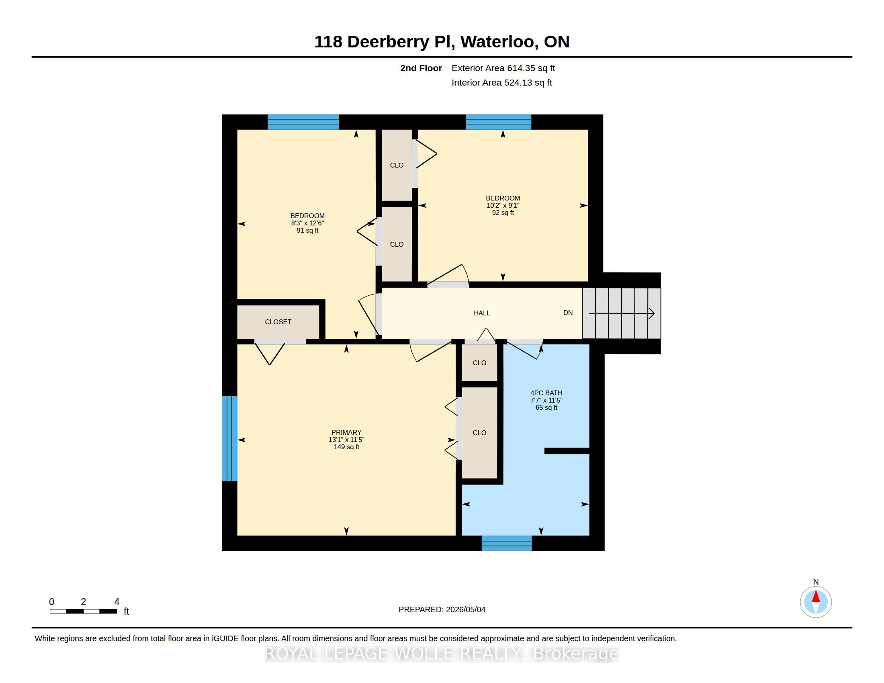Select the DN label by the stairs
568,313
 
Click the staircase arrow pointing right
622,313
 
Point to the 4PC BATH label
546,393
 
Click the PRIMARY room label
346,432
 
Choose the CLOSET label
278,322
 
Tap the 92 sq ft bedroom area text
503,213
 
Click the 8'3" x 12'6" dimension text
308,223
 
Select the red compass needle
816,596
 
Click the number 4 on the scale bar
117,602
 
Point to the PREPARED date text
442,609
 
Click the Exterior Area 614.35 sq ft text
503,68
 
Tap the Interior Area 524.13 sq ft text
501,83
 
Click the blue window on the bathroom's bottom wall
507,543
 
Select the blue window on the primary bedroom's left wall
229,438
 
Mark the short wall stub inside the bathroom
567,451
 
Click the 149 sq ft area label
346,447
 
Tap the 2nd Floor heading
421,68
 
